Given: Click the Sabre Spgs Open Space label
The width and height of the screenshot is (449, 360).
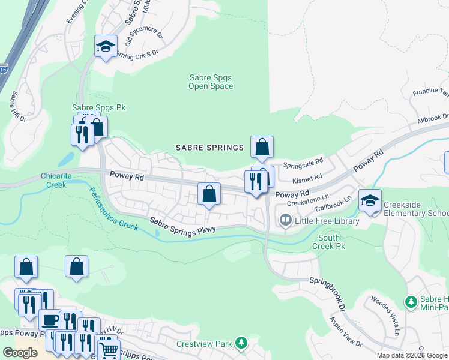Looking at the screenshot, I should (x=211, y=82).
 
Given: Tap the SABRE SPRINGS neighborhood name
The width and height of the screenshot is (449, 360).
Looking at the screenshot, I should (x=209, y=148).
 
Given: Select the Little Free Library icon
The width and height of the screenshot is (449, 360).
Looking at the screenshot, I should (x=285, y=221).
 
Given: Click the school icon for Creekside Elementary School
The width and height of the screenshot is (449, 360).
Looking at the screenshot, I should (x=370, y=201).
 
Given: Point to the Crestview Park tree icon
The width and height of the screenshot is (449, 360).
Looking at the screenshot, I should (x=241, y=343).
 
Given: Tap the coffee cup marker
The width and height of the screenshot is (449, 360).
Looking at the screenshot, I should (x=49, y=320).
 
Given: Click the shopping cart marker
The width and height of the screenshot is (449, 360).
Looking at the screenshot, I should (x=108, y=350).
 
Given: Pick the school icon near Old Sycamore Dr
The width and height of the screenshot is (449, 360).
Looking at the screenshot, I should (x=106, y=48).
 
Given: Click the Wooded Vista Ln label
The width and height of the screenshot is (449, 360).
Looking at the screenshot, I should (x=387, y=316).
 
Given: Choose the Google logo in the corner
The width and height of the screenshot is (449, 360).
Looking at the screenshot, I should (x=20, y=353).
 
